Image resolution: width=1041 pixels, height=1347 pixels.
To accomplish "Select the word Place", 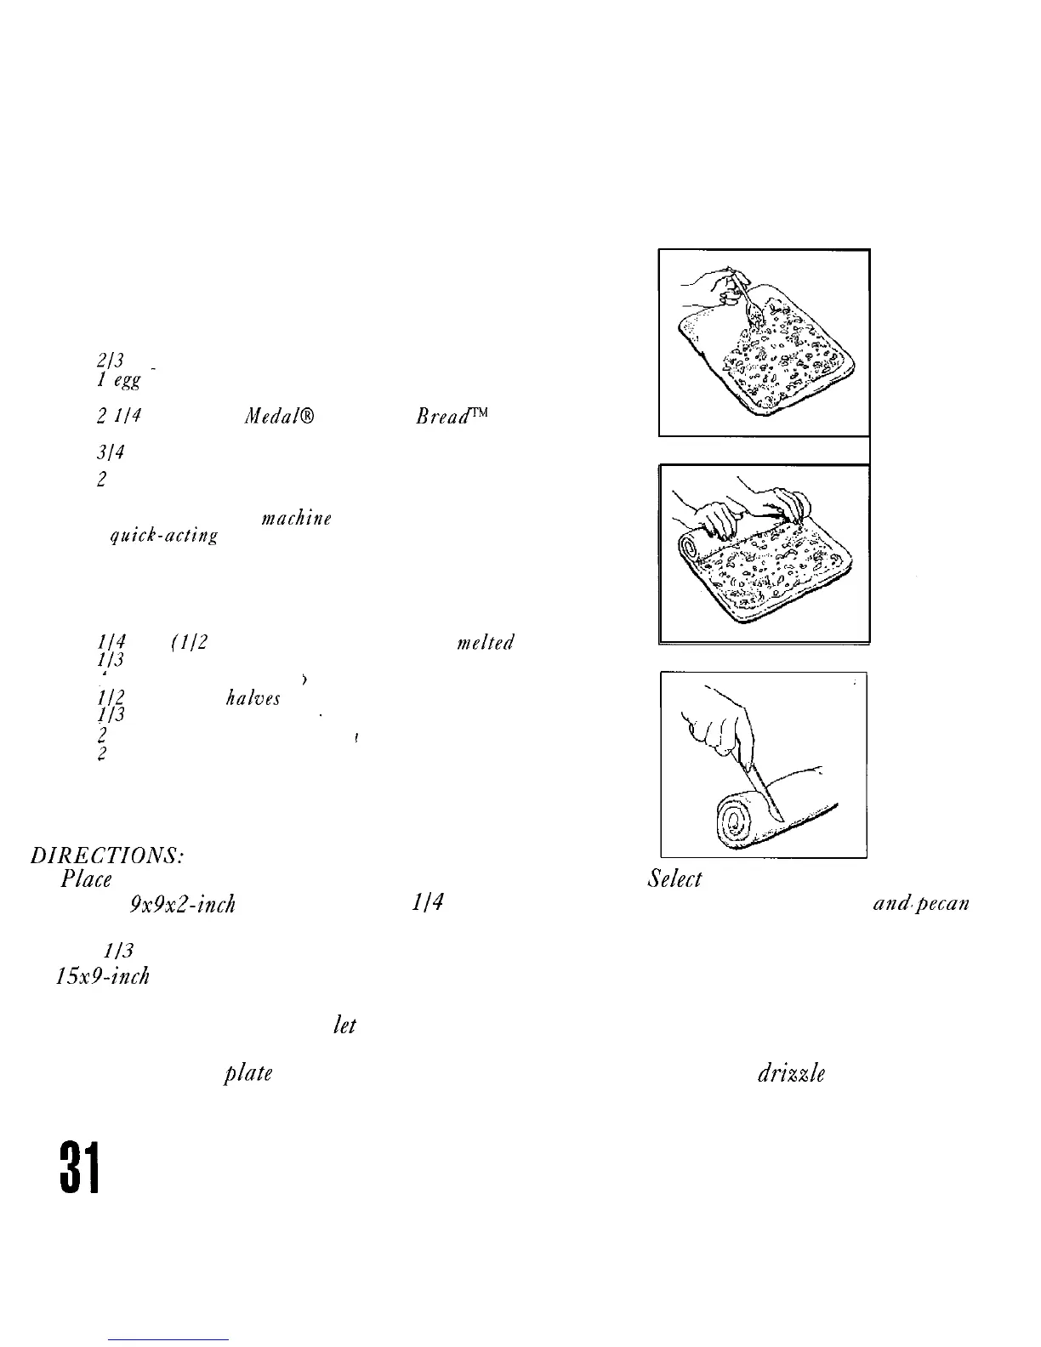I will (x=87, y=878).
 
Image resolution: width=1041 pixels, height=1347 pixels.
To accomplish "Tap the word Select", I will (x=674, y=878).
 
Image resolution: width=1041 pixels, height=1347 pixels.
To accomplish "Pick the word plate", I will (x=247, y=1073).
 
